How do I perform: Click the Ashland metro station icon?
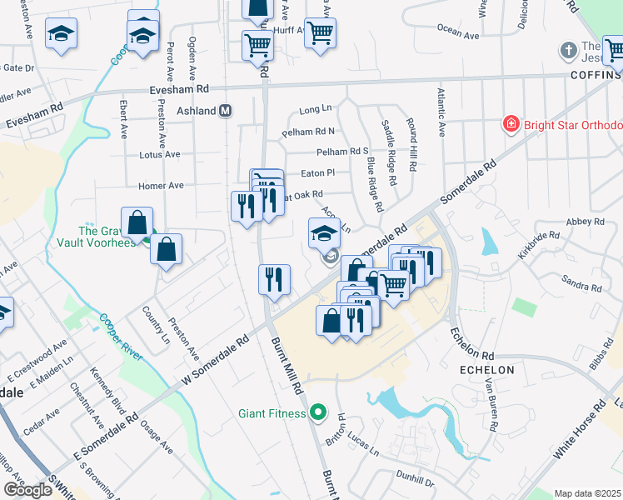point(225,111)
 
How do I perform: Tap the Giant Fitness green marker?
point(317,412)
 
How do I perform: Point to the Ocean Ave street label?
point(458,34)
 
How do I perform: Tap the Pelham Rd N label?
point(308,132)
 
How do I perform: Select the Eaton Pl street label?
point(317,172)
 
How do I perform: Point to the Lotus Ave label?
point(160,154)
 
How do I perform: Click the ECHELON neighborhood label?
point(486,369)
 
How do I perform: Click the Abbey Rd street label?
point(585,222)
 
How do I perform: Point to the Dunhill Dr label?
point(416,482)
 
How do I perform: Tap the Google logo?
point(27,490)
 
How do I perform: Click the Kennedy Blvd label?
point(107,391)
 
